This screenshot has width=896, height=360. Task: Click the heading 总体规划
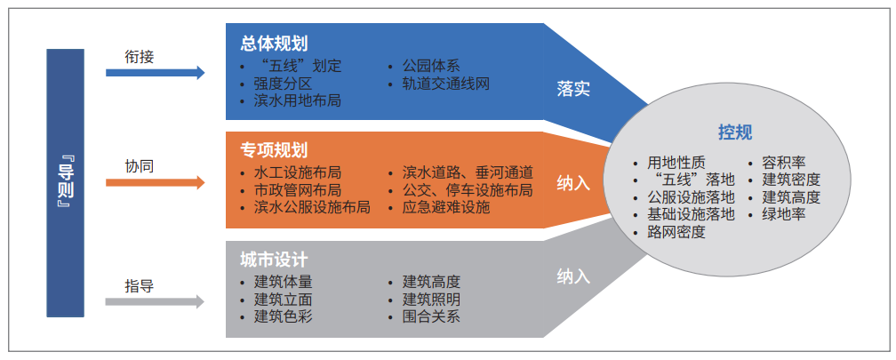point(275,44)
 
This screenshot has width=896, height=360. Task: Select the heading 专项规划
point(275,150)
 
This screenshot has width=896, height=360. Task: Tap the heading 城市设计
point(275,260)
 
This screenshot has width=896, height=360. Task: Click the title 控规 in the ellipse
point(735,132)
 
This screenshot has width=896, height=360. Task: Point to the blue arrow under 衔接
point(155,73)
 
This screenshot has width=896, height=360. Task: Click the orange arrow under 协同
point(155,183)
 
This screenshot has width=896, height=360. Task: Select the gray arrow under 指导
point(155,301)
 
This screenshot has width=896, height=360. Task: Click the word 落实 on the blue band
point(573,89)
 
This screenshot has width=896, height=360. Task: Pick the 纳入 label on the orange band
point(573,185)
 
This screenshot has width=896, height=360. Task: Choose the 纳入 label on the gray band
point(573,277)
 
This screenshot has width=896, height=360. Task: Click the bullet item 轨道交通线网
point(446,84)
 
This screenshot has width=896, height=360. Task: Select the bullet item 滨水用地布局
point(298,101)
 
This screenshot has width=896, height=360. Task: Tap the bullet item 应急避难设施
point(446,207)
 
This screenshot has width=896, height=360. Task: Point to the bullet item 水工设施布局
point(298,172)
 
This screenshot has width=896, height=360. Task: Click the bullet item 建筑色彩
point(284,316)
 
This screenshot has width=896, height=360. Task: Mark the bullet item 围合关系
point(431,316)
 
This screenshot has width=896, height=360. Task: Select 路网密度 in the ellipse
point(676,232)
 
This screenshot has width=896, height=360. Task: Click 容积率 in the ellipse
point(783,163)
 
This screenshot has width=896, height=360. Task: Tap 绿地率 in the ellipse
point(783,215)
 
